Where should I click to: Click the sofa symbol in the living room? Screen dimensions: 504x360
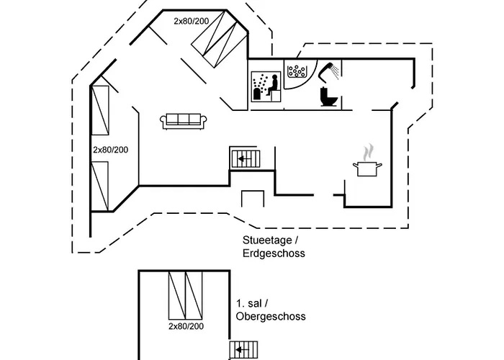pos(183,122)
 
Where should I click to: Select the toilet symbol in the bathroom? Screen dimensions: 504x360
pos(328,96)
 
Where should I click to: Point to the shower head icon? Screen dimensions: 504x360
pos(328,71)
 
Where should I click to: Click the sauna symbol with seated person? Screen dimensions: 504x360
pos(266,86)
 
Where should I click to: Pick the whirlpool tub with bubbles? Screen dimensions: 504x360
pos(297,71)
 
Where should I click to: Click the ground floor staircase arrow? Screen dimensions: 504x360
pos(245,159)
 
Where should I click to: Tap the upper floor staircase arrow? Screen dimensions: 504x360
pos(243,350)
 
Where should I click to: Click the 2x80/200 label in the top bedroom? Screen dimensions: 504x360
pos(192,21)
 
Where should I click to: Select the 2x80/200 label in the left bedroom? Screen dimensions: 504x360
pos(111,150)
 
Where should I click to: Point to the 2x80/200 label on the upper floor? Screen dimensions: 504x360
pos(186,326)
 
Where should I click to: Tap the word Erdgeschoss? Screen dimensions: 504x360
pos(274,253)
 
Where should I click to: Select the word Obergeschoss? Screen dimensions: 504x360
pos(271,316)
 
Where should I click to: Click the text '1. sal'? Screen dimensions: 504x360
pos(249,303)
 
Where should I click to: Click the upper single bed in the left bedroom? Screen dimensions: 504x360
pos(100,110)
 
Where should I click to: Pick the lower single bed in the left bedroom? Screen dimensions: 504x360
pos(100,186)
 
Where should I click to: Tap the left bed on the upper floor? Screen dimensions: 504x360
pos(177,295)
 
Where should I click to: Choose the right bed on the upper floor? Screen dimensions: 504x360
pos(194,295)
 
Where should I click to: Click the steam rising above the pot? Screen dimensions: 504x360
pos(368,152)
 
